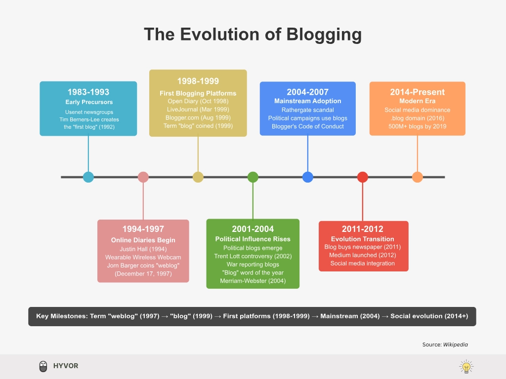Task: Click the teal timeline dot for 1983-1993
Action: pyautogui.click(x=88, y=177)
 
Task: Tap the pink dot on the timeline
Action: pyautogui.click(x=143, y=177)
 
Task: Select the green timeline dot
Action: pyautogui.click(x=253, y=177)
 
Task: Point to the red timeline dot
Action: pyautogui.click(x=363, y=177)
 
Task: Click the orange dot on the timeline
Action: pyautogui.click(x=418, y=177)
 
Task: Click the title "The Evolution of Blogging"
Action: pyautogui.click(x=253, y=35)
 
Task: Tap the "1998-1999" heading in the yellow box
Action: pyautogui.click(x=198, y=81)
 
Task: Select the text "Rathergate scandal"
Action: pyautogui.click(x=308, y=110)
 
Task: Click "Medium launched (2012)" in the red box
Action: pyautogui.click(x=363, y=255)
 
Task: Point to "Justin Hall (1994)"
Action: pyautogui.click(x=143, y=249)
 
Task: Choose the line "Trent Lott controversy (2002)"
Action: pyautogui.click(x=253, y=256)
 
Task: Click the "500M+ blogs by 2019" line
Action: pyautogui.click(x=418, y=126)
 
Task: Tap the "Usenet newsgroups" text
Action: pyautogui.click(x=88, y=112)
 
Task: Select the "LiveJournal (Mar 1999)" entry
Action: pyautogui.click(x=198, y=110)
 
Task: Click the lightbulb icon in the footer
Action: pyautogui.click(x=466, y=367)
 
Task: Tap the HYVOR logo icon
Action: pyautogui.click(x=43, y=366)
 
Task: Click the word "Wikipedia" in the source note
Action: pyautogui.click(x=455, y=344)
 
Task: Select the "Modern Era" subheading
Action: pyautogui.click(x=418, y=101)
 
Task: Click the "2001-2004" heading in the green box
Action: pyautogui.click(x=253, y=229)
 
